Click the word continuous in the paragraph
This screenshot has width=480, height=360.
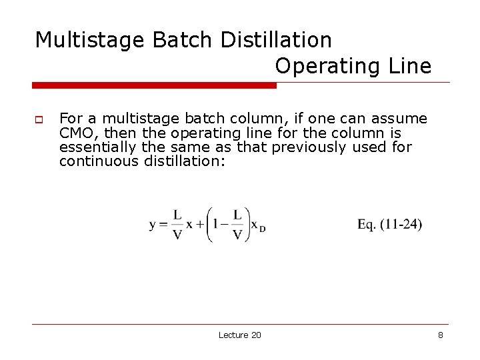coord(99,161)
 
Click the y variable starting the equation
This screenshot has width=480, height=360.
coord(153,225)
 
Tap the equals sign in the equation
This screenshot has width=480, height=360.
coord(164,225)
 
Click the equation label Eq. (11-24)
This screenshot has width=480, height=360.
coord(389,224)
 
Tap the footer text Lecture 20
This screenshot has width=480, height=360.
coord(240,335)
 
